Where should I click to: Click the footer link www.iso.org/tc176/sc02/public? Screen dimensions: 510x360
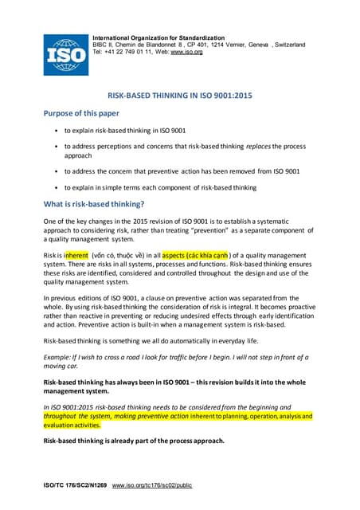[x=152, y=485]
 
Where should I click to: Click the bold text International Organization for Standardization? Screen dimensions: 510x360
[x=158, y=37]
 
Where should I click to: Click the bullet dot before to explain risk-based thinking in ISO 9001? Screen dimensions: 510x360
[x=54, y=129]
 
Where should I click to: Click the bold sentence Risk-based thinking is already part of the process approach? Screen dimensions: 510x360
[x=134, y=441]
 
